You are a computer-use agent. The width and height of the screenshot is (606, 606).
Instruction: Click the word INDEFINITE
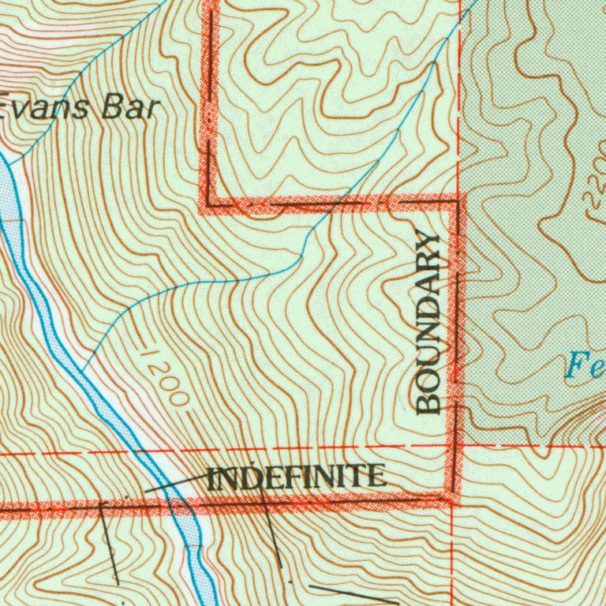297,477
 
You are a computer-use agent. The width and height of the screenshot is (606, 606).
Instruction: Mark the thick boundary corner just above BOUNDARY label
456,203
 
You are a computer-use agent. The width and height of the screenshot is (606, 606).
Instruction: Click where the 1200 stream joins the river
80,369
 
